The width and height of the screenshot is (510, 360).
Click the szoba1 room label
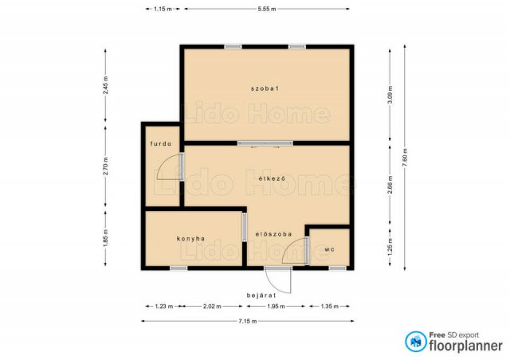pos(265,88)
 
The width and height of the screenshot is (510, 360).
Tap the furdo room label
pos(161,143)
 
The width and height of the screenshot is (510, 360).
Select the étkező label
pos(272,178)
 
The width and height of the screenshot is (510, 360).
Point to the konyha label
pos(191,239)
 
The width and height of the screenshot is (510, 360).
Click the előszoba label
pos(273,234)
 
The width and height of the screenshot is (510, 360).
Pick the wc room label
pos(329,250)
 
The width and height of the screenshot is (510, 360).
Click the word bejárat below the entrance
pos(261,295)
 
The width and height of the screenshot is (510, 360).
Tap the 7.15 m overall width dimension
pos(248,321)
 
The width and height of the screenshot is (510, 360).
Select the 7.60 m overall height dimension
pos(405,158)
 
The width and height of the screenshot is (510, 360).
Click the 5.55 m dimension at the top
pos(267,9)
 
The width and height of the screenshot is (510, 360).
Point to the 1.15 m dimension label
pos(163,9)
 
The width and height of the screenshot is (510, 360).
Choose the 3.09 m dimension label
pos(390,95)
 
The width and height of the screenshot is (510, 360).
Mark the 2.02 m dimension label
pos(212,307)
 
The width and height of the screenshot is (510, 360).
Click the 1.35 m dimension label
pos(329,307)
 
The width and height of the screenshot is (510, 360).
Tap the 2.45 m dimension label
pos(105,85)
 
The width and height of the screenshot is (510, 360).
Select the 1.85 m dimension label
pos(105,238)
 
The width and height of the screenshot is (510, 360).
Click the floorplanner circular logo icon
pos(416,342)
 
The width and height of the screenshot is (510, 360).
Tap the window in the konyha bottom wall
pos(178,268)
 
